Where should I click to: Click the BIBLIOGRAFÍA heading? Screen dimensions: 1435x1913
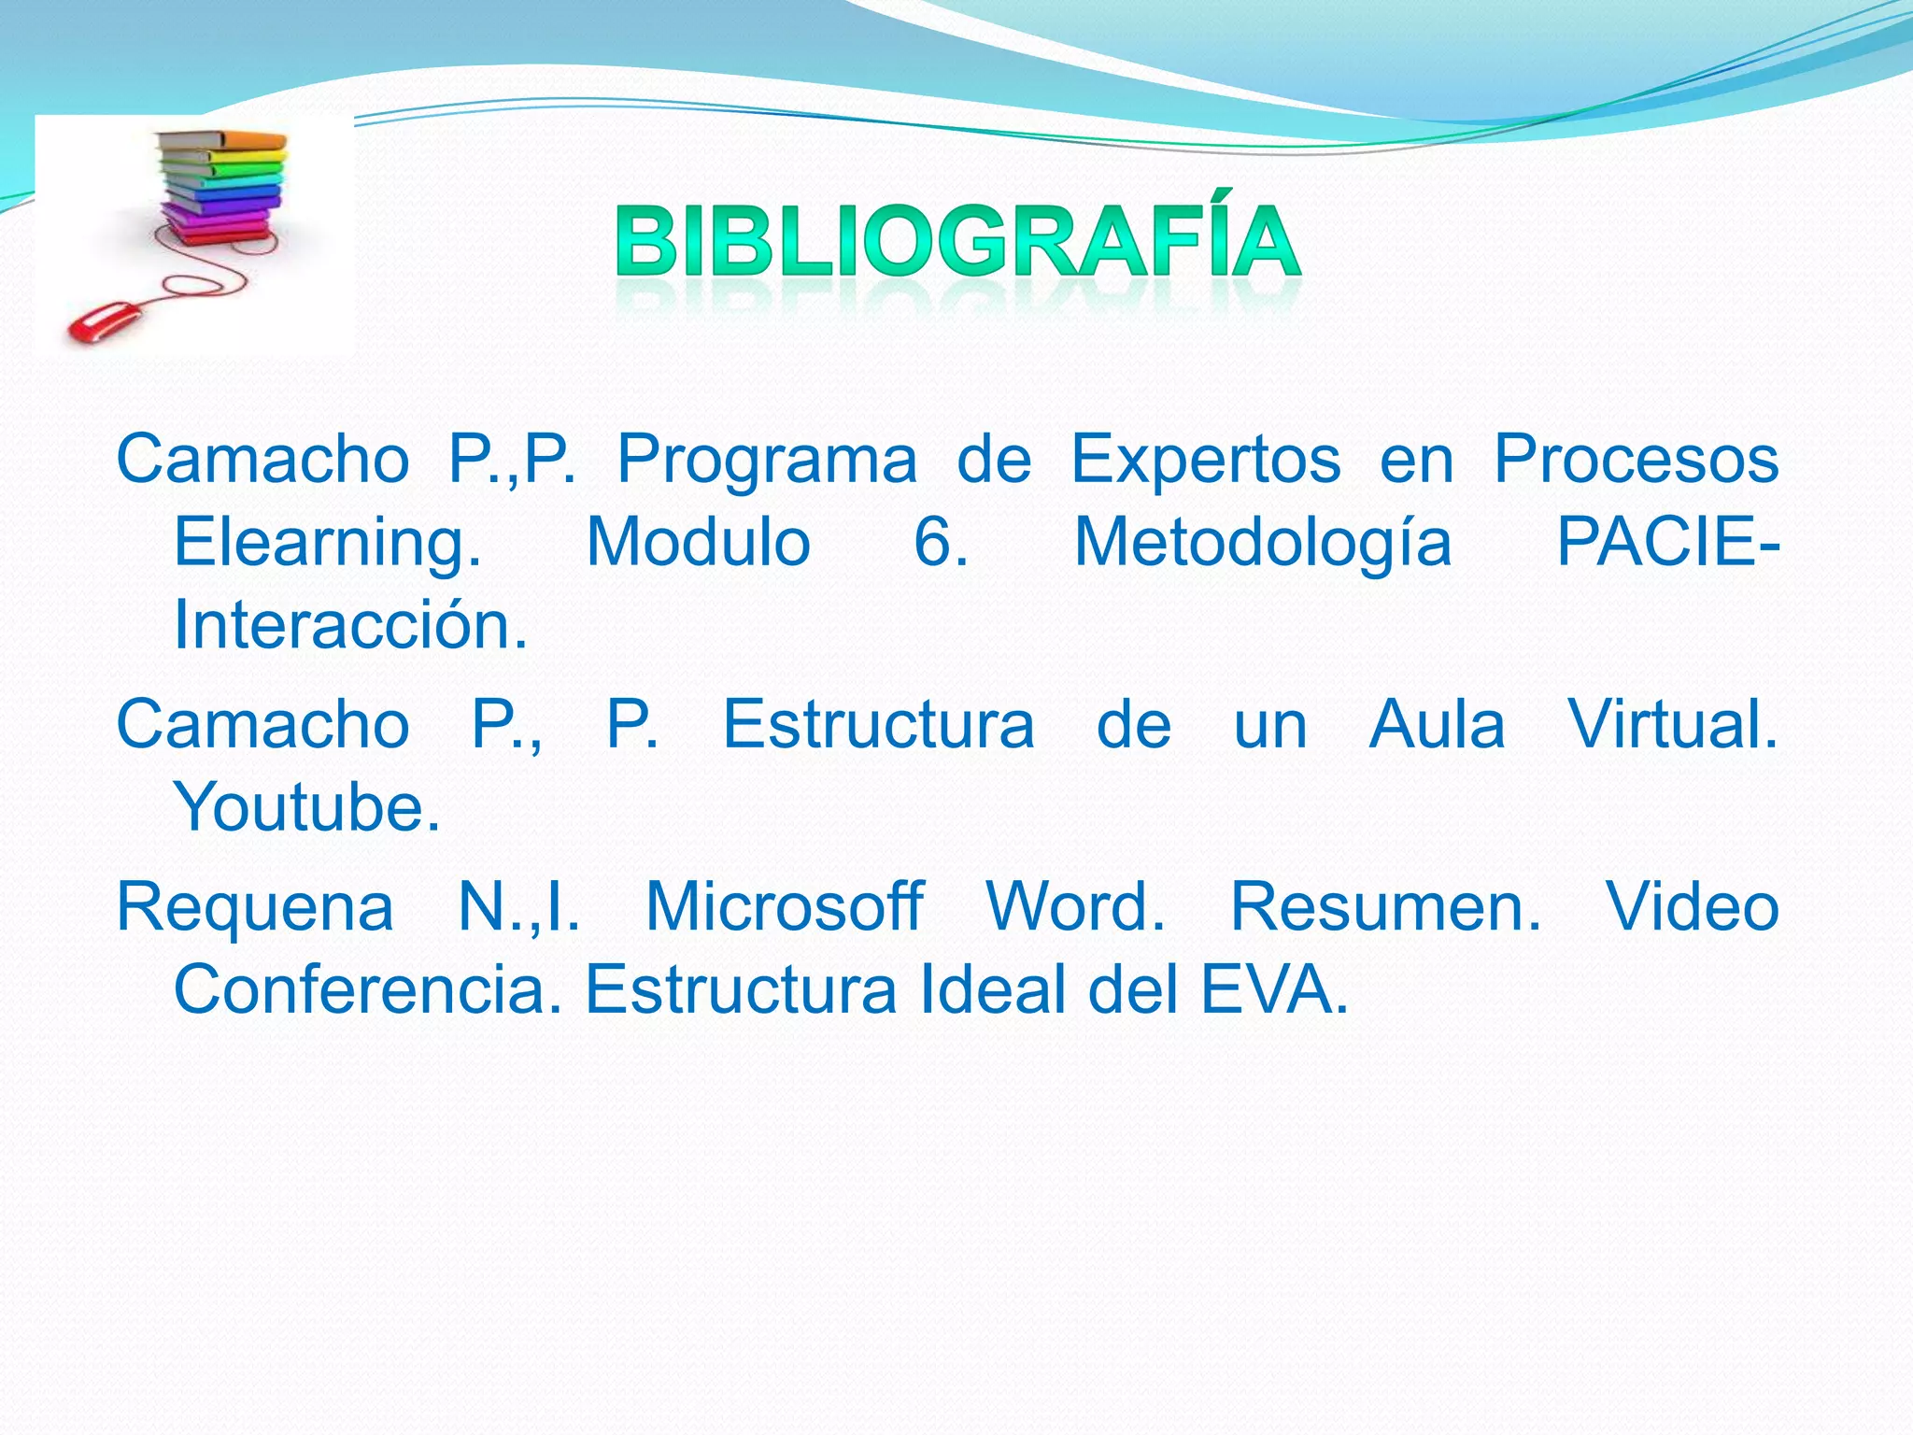pos(957,241)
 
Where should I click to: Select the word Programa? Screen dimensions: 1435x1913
pos(767,461)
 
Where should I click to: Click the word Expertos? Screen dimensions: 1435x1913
pos(1205,461)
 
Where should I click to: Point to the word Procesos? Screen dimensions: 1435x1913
pos(1636,461)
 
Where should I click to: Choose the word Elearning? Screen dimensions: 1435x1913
pos(327,544)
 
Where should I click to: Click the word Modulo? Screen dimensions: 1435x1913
pos(698,544)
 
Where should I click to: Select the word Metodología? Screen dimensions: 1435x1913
pos(1263,544)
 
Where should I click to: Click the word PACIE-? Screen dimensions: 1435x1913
pos(1667,544)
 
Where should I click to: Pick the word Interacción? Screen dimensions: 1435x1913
pos(350,626)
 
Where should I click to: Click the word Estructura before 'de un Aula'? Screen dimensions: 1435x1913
pos(878,726)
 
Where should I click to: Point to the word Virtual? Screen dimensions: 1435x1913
pos(1672,726)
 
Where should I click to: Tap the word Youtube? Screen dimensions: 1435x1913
pos(306,808)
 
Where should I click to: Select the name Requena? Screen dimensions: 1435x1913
pos(255,908)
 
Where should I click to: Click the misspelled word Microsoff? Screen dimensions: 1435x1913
pos(785,908)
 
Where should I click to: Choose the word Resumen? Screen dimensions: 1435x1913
pos(1385,908)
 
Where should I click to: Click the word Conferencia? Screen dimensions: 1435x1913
pos(368,990)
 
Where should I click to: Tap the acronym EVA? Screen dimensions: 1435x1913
pos(1274,990)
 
